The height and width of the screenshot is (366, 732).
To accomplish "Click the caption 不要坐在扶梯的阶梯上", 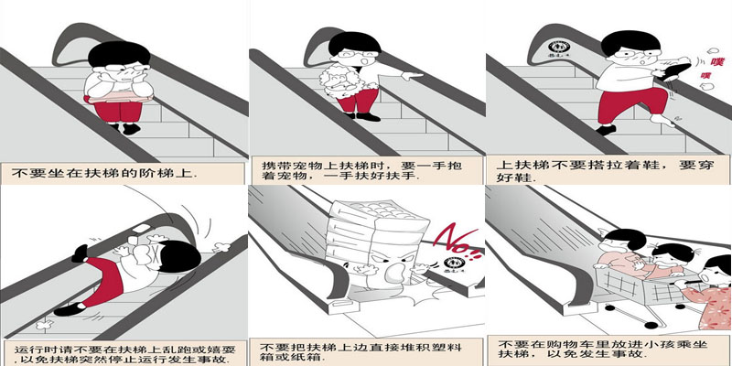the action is click(x=103, y=173).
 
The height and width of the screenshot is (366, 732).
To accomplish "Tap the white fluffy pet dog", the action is click(x=340, y=81).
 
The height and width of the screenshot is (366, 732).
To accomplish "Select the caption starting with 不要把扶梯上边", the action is click(x=361, y=352).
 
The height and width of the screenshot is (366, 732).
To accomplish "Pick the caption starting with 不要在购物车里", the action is click(x=602, y=350).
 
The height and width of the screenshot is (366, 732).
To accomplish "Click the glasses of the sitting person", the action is click(x=122, y=67).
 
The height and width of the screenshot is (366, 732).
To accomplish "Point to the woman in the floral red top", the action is click(x=707, y=293).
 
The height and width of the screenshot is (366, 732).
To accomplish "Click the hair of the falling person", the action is click(x=179, y=256).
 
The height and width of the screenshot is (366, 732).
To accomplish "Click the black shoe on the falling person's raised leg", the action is click(x=80, y=253).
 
